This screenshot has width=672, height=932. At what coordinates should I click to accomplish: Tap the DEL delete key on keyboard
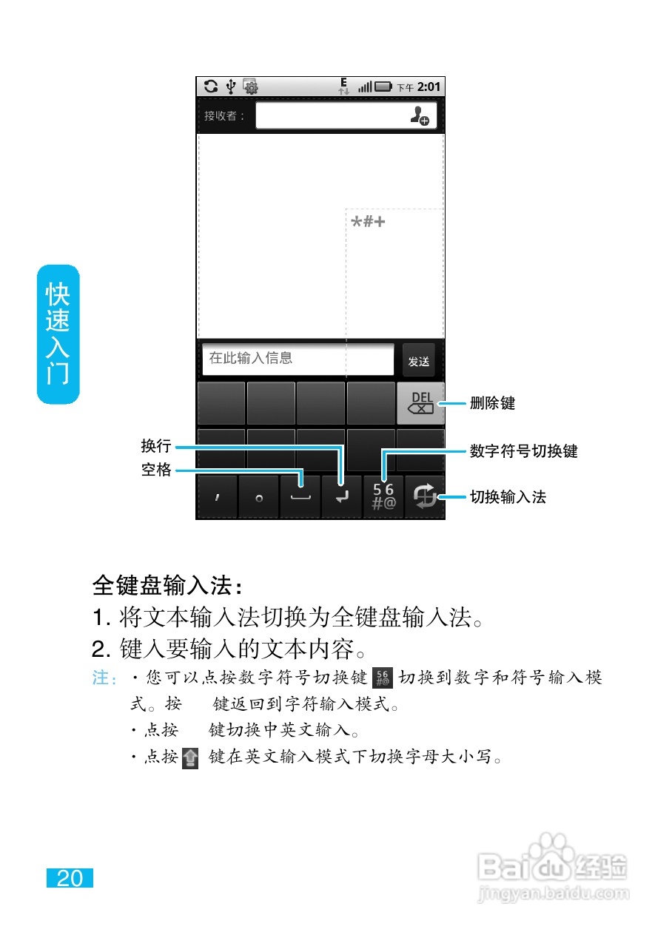pos(420,403)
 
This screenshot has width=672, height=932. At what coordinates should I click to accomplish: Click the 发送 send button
pos(419,361)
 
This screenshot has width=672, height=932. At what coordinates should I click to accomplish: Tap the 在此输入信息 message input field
pos(298,359)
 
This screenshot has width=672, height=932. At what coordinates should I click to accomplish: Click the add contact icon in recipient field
pos(420,115)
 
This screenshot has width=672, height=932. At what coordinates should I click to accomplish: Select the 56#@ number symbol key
pos(384,496)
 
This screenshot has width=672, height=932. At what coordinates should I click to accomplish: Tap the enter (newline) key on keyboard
pos(341,497)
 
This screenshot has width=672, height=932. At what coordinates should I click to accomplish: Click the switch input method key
pos(425,496)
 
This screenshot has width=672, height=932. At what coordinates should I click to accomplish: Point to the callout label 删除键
pos(493,403)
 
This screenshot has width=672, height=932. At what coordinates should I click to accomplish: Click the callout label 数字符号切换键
pos(523,450)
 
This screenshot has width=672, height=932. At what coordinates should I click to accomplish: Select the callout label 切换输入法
pos(508,497)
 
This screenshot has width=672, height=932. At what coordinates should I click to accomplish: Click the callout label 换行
pos(156,446)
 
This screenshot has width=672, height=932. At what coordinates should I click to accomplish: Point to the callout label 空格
pos(156,470)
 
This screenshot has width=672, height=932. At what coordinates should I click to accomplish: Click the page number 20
pos(70,878)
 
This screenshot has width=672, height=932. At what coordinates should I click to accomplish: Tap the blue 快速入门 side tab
pos(58,334)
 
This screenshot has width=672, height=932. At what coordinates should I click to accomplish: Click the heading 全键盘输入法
pos(167,586)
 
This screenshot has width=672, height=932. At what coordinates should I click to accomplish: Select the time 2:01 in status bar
pos(429,87)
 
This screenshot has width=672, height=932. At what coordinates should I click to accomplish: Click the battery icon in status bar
pos(383,87)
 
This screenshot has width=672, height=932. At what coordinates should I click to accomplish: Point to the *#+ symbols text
pos(369,221)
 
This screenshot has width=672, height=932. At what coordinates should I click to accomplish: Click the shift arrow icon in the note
pos(191,757)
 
